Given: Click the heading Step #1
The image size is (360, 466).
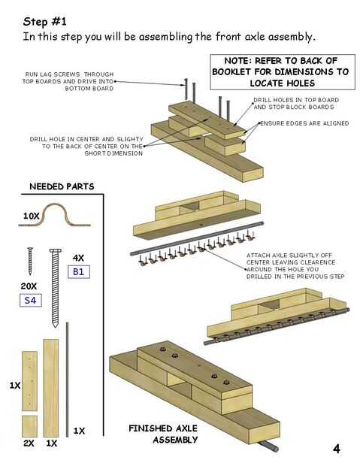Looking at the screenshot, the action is (45, 22).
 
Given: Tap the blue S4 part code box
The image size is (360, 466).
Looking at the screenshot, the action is (31, 300).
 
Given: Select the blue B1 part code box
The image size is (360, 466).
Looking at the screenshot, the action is (79, 271).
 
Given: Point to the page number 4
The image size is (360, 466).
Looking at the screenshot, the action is (336, 448).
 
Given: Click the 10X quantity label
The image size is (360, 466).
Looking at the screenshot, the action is (32, 216).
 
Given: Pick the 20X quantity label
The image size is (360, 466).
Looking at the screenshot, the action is (29, 286).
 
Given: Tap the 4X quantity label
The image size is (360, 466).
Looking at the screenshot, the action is (78, 258).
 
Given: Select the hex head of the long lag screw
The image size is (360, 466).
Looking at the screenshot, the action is (56, 250).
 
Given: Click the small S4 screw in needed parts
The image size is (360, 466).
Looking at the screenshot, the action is (30, 261).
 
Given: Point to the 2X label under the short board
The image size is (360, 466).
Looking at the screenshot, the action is (29, 443).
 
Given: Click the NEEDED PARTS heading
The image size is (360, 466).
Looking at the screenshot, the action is (62, 186).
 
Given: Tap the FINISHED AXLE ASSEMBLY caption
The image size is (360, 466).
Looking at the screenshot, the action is (163, 434).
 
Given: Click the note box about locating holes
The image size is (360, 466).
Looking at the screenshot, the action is (283, 72).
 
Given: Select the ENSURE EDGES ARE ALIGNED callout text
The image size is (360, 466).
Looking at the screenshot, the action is (304, 123).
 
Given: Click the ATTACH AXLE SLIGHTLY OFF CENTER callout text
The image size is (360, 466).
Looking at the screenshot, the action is (295, 265).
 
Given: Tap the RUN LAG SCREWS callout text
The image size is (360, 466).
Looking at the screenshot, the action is (68, 81).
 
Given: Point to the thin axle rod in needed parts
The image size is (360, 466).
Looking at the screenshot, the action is (67, 380).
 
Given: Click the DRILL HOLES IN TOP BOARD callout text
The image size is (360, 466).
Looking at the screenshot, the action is (296, 104).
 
